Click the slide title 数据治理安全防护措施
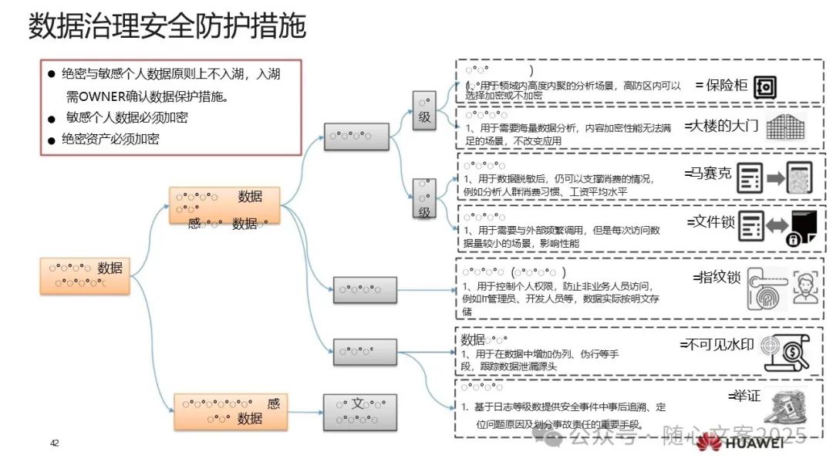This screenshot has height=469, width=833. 167,26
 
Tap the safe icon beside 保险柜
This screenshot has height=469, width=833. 766,87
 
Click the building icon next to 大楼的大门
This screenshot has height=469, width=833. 786,127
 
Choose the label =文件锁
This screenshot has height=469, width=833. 710,222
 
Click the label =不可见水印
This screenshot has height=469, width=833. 717,344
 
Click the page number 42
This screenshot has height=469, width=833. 55,443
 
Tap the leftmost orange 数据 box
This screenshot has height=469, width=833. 85,276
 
